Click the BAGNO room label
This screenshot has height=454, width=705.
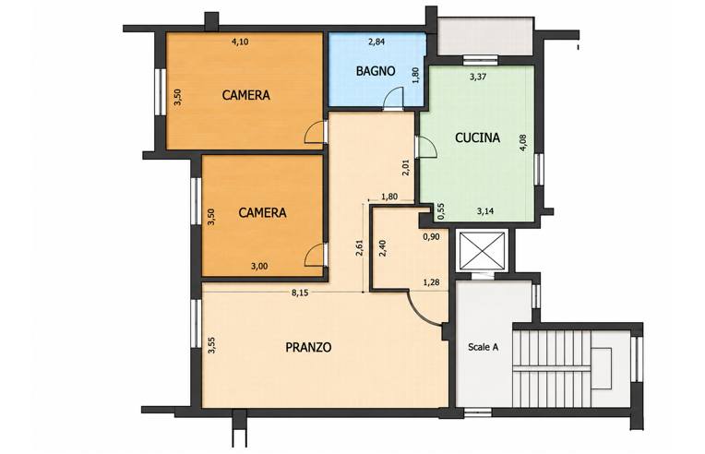(x=376, y=71)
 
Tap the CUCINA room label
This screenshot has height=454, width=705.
(x=477, y=137)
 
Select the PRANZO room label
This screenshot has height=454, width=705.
(x=308, y=348)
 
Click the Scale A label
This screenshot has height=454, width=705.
(x=483, y=347)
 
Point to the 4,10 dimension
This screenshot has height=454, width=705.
(x=240, y=42)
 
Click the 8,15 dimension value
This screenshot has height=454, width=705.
(x=300, y=293)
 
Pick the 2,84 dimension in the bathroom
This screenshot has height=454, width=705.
(x=376, y=42)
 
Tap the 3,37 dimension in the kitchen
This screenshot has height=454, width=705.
(x=478, y=77)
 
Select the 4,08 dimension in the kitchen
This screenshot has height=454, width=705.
(x=523, y=143)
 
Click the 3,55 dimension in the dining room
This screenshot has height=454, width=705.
(x=211, y=345)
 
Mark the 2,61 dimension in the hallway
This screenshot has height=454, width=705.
(x=359, y=247)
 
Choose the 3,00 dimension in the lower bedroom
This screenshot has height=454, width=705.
(x=259, y=266)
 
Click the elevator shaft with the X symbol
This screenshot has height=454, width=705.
(x=482, y=251)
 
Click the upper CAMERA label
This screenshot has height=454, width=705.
(x=246, y=95)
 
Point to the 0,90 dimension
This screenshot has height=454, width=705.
(x=431, y=237)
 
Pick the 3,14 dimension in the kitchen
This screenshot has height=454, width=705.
(x=485, y=210)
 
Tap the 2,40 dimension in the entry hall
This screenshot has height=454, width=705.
(x=383, y=247)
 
